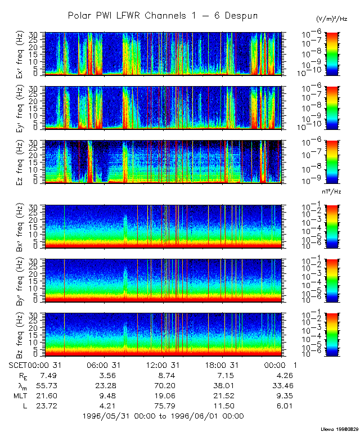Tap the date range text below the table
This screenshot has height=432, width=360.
pos(163,416)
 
